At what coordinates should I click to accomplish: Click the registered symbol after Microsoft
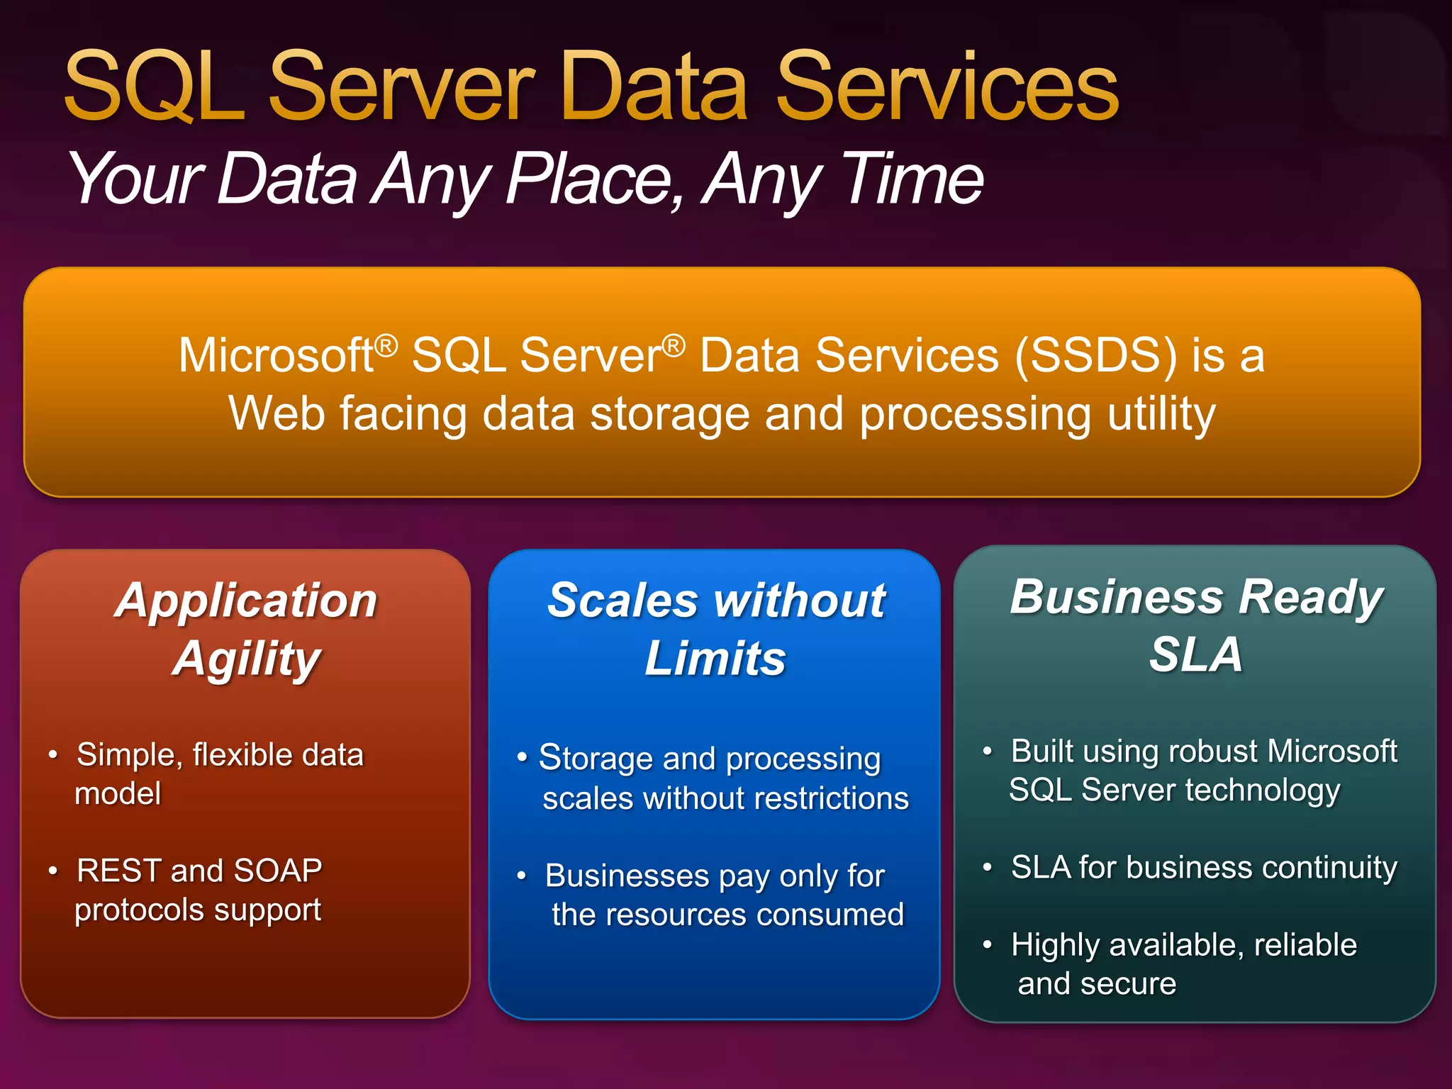point(386,345)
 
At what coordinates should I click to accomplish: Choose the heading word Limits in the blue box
point(715,659)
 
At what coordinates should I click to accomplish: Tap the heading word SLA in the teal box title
point(1195,654)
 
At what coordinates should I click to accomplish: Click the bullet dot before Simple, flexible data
point(53,754)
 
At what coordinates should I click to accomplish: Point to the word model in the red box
point(118,793)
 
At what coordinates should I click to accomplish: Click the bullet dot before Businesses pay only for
point(522,876)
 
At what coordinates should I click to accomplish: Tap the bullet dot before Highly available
point(987,944)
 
